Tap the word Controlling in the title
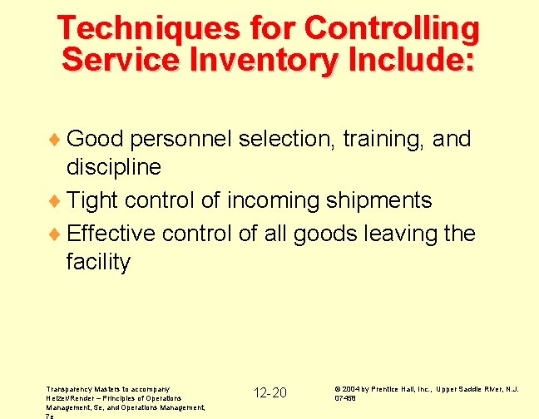392,29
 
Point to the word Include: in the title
407,60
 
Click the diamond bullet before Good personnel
57,139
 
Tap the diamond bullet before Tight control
57,201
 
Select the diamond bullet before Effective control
57,234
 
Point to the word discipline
114,167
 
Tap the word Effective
111,233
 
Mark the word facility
98,263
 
